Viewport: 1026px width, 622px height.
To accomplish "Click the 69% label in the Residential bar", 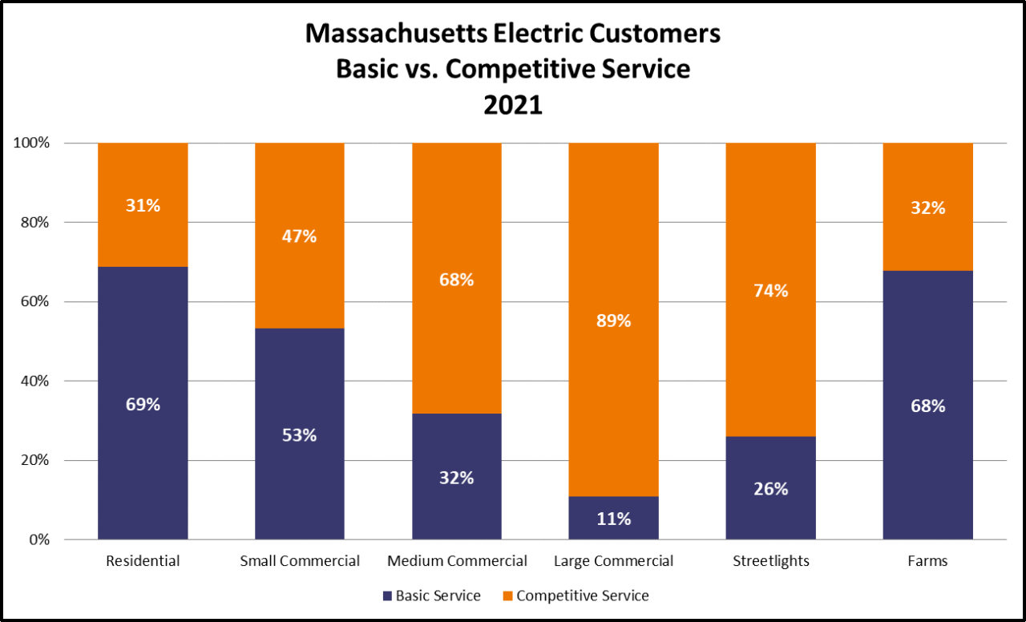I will pos(143,404).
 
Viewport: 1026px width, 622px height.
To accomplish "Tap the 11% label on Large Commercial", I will pos(613,519).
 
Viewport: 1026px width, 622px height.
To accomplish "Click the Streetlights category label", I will pos(770,561).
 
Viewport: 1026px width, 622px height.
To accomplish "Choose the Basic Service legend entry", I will pos(432,596).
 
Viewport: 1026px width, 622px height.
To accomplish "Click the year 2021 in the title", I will pos(513,105).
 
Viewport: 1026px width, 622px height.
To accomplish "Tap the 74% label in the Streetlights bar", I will pos(770,291).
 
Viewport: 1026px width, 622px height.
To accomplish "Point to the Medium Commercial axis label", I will pos(457,561).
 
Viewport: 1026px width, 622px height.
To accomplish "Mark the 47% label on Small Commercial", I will pos(300,236).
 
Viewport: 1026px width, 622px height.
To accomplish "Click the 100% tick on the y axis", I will pos(31,143).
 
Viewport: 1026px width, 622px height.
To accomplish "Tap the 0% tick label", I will pos(38,540).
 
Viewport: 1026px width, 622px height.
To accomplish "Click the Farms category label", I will pos(927,561).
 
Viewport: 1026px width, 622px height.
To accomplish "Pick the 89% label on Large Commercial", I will pos(613,321).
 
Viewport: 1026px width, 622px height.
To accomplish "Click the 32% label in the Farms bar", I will pos(927,208).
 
